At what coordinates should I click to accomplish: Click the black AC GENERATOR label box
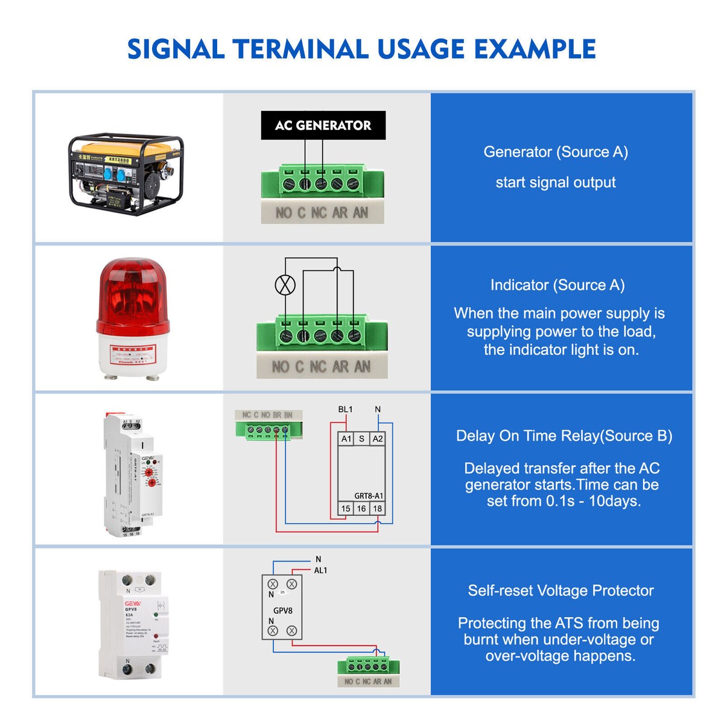323,125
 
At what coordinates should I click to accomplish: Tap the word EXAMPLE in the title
535,49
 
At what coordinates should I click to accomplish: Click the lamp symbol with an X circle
285,285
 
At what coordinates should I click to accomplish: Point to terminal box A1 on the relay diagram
346,439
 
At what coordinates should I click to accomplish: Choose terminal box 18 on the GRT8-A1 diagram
377,509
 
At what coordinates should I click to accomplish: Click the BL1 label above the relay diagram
345,410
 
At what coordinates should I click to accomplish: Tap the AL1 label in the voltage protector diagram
320,570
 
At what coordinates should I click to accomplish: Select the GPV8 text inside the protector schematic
282,611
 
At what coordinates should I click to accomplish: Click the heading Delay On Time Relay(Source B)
564,436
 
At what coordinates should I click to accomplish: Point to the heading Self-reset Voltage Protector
560,591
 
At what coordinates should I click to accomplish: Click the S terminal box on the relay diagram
361,439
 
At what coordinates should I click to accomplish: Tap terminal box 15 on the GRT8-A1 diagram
346,509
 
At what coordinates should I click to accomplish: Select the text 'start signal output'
556,182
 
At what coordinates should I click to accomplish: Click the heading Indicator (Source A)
557,285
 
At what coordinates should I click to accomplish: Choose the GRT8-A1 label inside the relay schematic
368,496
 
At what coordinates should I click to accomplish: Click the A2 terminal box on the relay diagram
378,439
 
